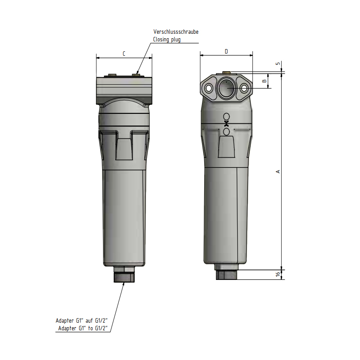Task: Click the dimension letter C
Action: [124, 54]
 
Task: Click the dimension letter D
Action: [226, 52]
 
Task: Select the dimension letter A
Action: [278, 171]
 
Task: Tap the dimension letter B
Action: [264, 81]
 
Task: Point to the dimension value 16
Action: [278, 274]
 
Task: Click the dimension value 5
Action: [278, 63]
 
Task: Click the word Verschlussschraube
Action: [175, 32]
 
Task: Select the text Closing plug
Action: [167, 40]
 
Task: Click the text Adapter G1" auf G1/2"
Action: [81, 321]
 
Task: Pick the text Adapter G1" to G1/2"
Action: [83, 328]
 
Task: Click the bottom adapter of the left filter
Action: [124, 275]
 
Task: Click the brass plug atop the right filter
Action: [226, 72]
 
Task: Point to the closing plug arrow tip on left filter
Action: [137, 73]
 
